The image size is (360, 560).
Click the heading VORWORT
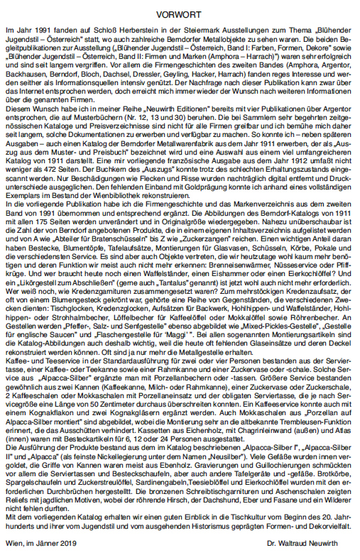pyautogui.click(x=180, y=10)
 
